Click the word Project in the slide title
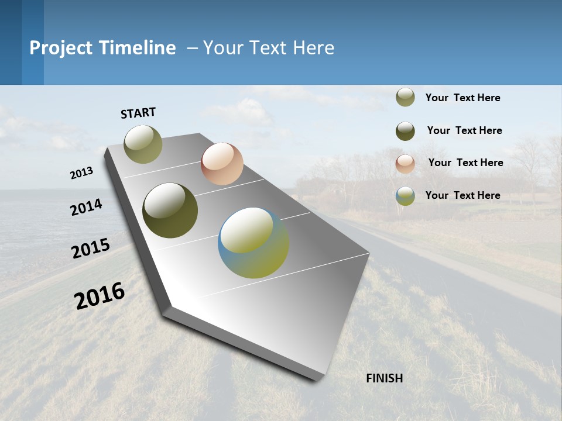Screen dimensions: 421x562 (60, 48)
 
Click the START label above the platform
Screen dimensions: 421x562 (138, 113)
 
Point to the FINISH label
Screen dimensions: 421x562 (384, 378)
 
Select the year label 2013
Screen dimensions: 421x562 (82, 173)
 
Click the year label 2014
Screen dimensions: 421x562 (86, 208)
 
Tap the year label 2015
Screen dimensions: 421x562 (91, 249)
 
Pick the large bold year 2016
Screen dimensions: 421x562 (100, 295)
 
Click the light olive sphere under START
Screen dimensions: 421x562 (143, 144)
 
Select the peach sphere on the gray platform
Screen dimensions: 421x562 (222, 164)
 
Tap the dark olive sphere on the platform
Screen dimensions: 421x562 (170, 210)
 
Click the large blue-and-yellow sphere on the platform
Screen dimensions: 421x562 (253, 243)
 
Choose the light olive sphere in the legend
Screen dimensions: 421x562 (405, 98)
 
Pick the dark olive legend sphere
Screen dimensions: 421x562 (405, 131)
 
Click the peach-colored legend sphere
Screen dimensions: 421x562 (405, 163)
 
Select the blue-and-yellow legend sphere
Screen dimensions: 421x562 (405, 196)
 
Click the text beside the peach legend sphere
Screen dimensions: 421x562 (465, 163)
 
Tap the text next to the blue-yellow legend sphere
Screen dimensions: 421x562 (462, 195)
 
